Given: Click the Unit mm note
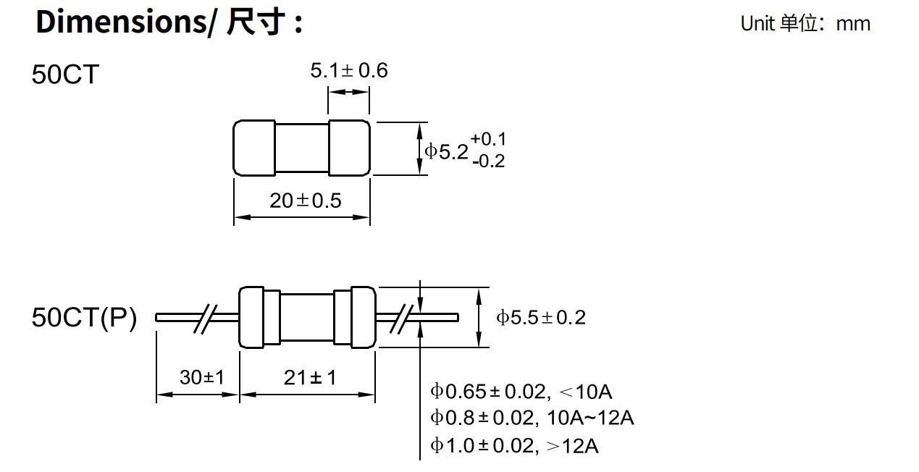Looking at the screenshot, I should [805, 23].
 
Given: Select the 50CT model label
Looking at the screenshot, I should [64, 75].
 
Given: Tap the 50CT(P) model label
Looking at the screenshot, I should [84, 317].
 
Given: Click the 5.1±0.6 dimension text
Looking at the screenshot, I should [349, 70].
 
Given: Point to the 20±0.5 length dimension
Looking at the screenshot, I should [305, 201].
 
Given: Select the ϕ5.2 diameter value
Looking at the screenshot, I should [447, 151].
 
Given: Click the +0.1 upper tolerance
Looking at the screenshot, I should [488, 139].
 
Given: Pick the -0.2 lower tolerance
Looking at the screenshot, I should [488, 161].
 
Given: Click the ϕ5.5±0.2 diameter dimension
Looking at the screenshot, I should [540, 317].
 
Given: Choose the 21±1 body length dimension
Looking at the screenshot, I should [310, 377].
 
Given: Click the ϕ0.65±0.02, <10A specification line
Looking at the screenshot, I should [521, 392].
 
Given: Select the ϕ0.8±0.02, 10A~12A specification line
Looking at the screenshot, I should [532, 418].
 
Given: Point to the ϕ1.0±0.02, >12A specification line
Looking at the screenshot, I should [514, 445].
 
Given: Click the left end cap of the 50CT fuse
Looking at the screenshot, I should [254, 148].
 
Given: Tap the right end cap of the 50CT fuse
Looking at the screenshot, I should [349, 148].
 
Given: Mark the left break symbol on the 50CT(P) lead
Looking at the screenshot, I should [206, 317].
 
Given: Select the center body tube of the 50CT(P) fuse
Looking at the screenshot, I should [307, 317].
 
